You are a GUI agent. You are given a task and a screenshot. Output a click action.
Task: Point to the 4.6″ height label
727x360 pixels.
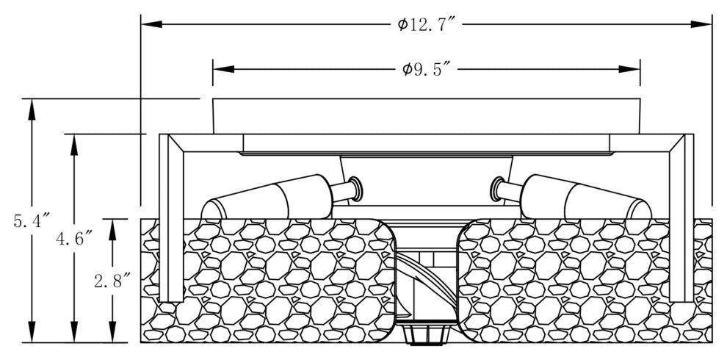[x=73, y=238]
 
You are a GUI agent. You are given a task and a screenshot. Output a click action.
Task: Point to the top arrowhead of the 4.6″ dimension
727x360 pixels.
[x=74, y=143]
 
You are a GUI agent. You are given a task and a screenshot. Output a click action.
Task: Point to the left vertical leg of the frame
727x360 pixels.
[x=170, y=220]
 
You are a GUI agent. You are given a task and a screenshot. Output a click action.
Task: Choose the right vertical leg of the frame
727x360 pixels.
[x=681, y=220]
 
